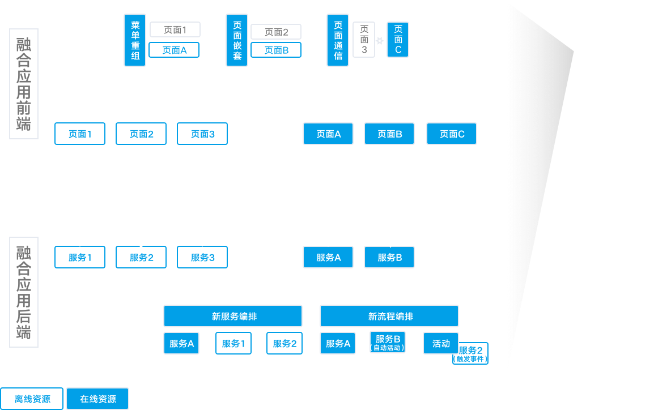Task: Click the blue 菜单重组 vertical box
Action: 135,40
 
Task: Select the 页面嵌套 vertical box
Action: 237,40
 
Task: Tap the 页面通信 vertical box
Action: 338,40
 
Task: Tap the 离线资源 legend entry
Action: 32,399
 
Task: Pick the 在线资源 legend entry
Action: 97,399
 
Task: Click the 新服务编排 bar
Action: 233,316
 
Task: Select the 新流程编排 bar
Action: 389,316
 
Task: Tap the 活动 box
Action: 441,343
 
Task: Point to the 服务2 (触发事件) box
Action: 471,353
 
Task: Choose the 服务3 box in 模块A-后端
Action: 202,257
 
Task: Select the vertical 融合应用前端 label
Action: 24,84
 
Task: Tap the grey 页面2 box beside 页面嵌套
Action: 276,32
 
